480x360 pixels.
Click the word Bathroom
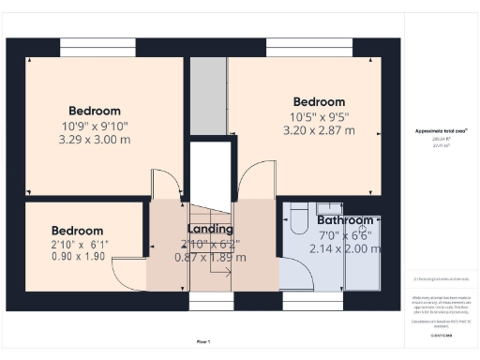click(x=343, y=222)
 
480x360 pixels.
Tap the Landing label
click(x=210, y=229)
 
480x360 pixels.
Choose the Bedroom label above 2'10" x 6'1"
click(x=77, y=230)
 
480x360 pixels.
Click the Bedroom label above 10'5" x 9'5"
click(x=319, y=101)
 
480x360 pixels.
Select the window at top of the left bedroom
click(x=91, y=44)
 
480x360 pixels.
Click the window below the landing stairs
click(x=212, y=300)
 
